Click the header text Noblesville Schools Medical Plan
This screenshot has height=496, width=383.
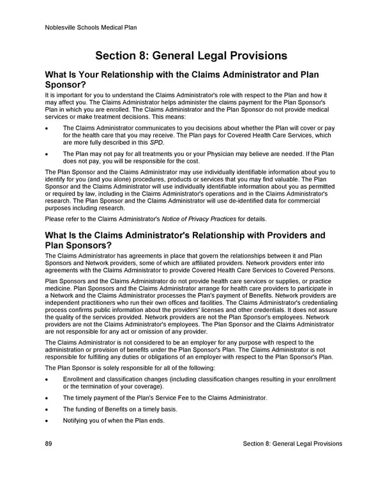click(x=91, y=27)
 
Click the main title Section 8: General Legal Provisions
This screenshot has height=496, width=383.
click(x=191, y=56)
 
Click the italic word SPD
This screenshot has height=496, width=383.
click(x=157, y=142)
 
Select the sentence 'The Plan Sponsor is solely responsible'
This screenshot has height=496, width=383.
click(x=121, y=368)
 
